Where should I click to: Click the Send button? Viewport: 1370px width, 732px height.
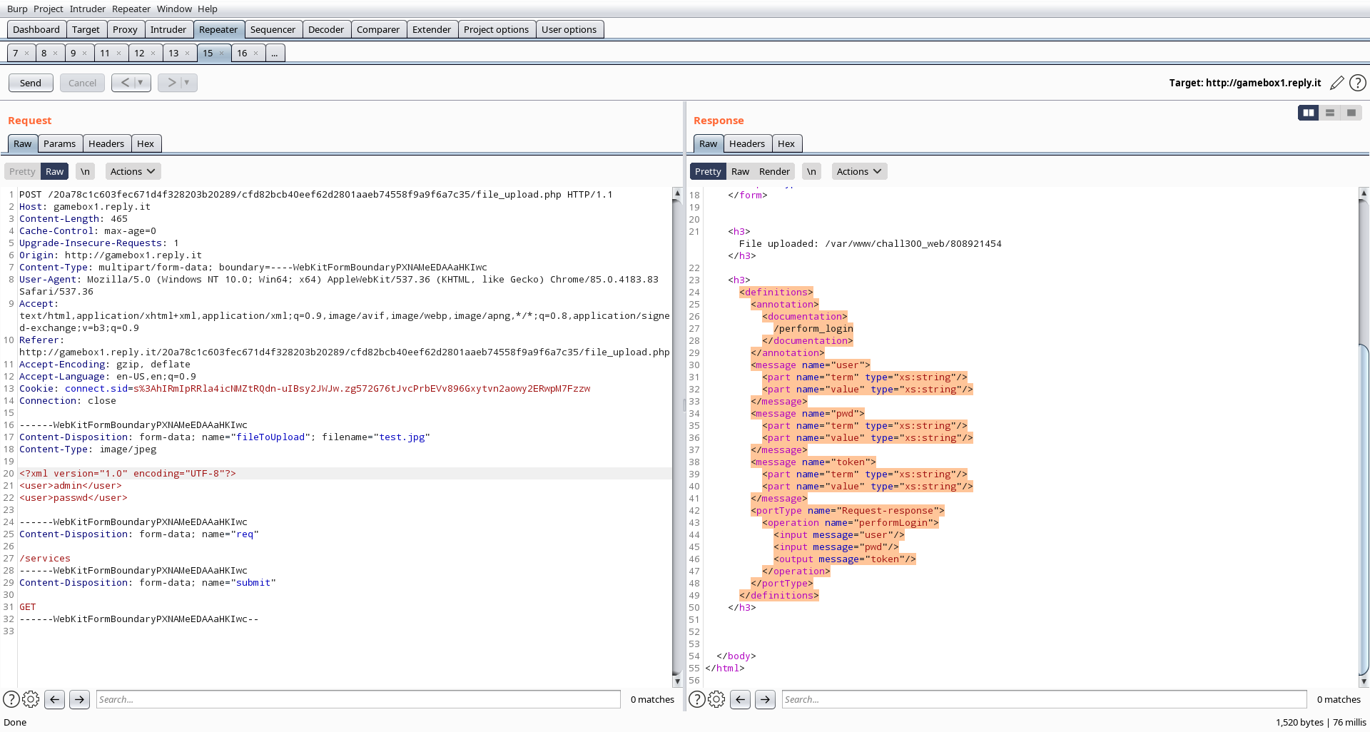tap(31, 83)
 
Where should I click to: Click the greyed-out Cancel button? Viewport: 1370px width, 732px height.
tap(82, 83)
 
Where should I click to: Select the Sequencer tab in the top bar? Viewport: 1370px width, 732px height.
tap(273, 29)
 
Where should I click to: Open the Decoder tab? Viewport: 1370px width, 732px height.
tap(326, 29)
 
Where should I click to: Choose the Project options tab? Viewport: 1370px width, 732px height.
tap(496, 29)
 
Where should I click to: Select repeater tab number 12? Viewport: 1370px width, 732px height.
tap(140, 53)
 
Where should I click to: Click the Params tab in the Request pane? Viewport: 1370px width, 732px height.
tap(59, 143)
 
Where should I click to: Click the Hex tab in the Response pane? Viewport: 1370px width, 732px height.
tap(786, 143)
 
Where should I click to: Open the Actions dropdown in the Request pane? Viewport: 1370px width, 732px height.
tap(133, 171)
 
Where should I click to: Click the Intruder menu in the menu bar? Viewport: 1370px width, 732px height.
tap(88, 9)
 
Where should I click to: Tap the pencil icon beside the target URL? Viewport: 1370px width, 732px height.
tap(1337, 83)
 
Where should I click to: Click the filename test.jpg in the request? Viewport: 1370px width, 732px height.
tap(402, 437)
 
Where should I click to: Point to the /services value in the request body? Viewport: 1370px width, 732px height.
tap(45, 558)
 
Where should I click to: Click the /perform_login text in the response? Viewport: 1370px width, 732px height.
tap(813, 328)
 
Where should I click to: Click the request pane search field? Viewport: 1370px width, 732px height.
tap(358, 699)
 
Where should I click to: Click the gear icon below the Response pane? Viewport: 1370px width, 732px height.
tap(716, 699)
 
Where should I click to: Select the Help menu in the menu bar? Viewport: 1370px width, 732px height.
tap(208, 9)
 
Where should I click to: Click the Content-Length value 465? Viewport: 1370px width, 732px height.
tap(119, 218)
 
